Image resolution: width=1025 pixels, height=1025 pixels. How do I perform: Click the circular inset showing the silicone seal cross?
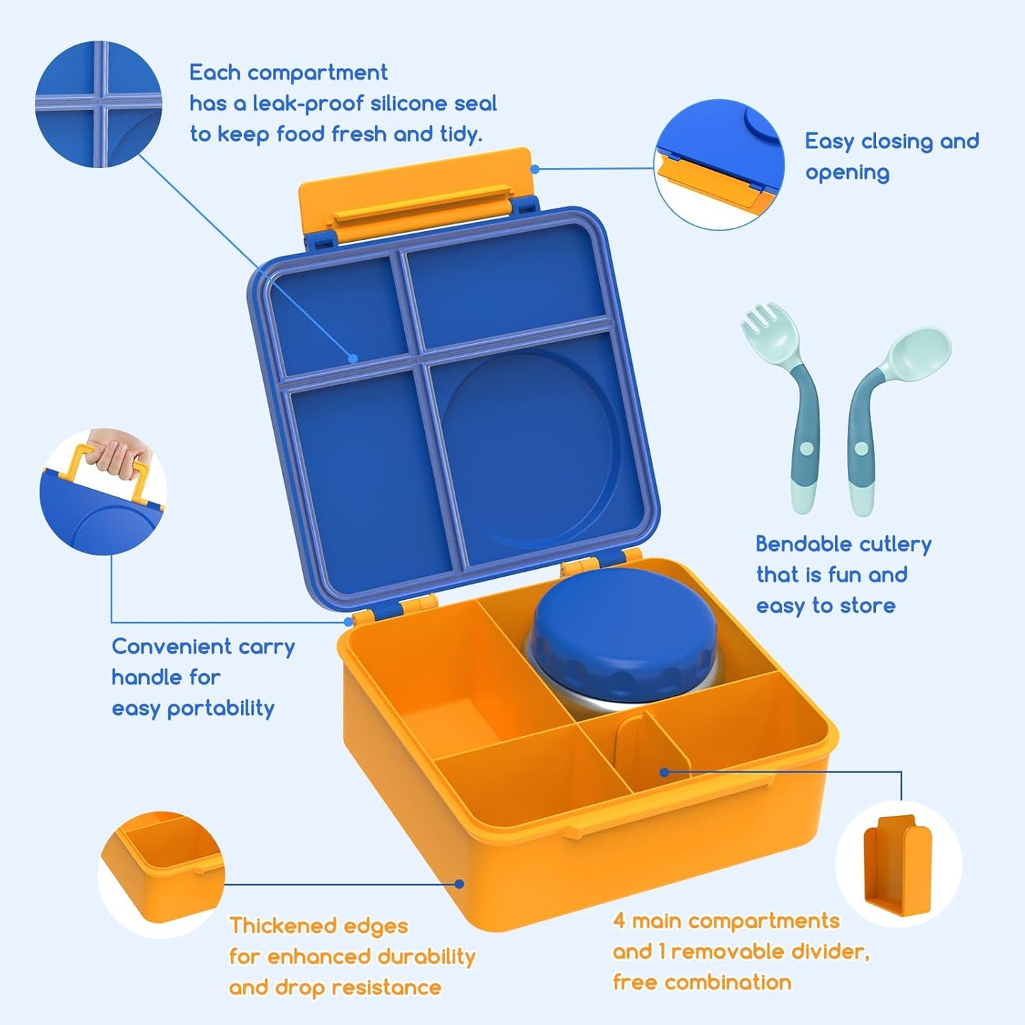pyautogui.click(x=99, y=104)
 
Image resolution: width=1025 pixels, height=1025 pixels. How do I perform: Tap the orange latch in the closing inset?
pyautogui.click(x=709, y=181)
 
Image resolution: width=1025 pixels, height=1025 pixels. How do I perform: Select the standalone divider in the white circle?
pyautogui.click(x=897, y=865)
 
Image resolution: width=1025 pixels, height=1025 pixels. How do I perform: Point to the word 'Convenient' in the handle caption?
pyautogui.click(x=172, y=646)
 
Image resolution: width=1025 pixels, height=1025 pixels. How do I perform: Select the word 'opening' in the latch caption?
pyautogui.click(x=847, y=172)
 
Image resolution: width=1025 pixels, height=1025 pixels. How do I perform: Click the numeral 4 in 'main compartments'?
pyautogui.click(x=619, y=921)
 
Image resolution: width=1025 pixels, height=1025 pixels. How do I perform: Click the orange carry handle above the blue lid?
pyautogui.click(x=415, y=188)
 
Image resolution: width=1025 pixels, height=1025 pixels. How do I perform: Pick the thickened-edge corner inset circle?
pyautogui.click(x=161, y=872)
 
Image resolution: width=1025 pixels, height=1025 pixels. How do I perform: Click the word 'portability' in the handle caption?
pyautogui.click(x=221, y=708)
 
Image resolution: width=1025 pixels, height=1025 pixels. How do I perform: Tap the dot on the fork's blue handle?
pyautogui.click(x=806, y=448)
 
